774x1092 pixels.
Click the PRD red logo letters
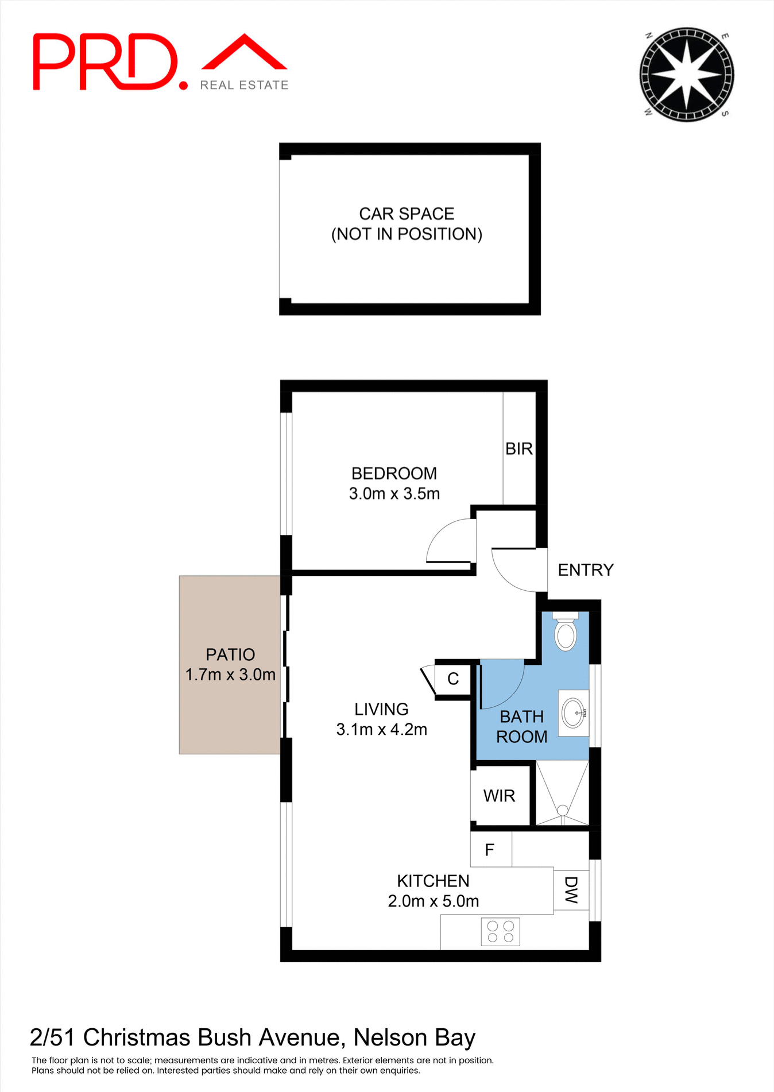106,62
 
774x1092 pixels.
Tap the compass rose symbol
687,74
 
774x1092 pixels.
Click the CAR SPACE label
407,214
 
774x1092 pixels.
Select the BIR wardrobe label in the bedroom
519,449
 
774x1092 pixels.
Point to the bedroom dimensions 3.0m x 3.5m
394,494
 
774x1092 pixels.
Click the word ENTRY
586,570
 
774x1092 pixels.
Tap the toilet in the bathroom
566,632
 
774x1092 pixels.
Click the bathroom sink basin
574,713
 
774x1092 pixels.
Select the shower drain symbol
563,810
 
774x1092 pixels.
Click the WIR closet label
500,796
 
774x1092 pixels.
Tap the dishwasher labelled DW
571,890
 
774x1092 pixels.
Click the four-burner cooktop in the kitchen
500,932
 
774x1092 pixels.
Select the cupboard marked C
453,679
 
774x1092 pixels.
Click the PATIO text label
230,655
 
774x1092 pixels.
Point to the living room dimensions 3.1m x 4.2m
382,730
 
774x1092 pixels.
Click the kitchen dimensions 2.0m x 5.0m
434,901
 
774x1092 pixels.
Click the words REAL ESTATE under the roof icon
244,85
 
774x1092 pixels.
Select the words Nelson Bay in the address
414,1038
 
